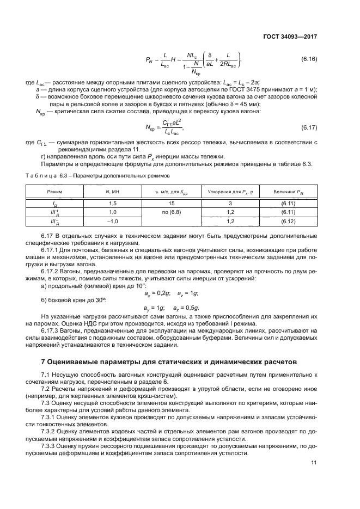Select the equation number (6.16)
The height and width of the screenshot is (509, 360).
click(309, 58)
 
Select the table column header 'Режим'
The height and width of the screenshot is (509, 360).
click(55, 193)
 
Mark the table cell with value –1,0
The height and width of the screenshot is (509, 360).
click(112, 222)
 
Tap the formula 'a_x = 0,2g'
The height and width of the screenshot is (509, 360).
click(157, 293)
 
